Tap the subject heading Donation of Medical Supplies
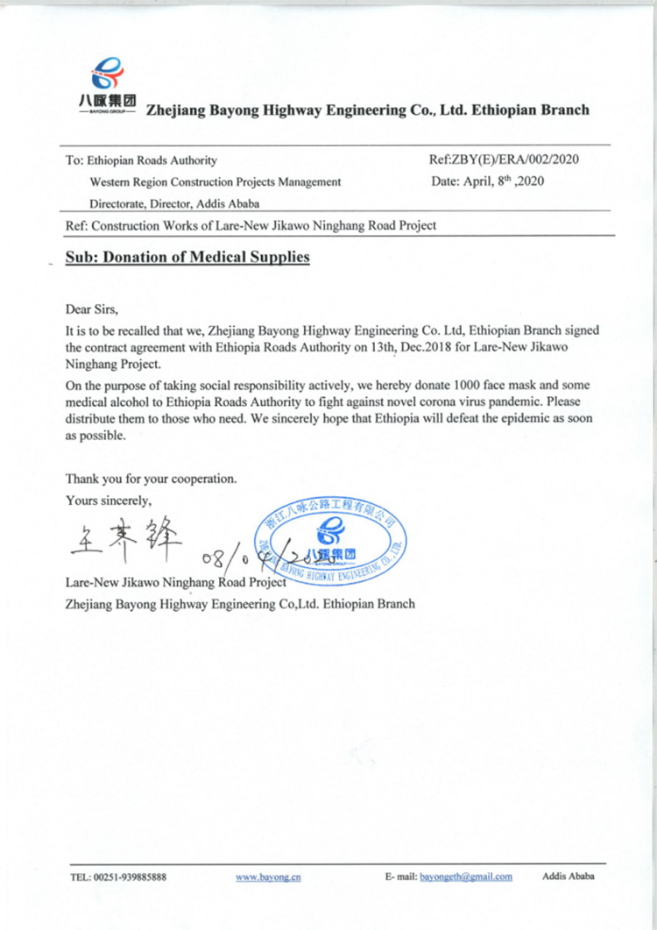click(x=187, y=259)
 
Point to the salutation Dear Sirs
click(x=91, y=309)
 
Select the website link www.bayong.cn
click(x=268, y=877)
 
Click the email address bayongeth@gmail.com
click(x=466, y=877)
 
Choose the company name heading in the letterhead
click(x=368, y=110)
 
